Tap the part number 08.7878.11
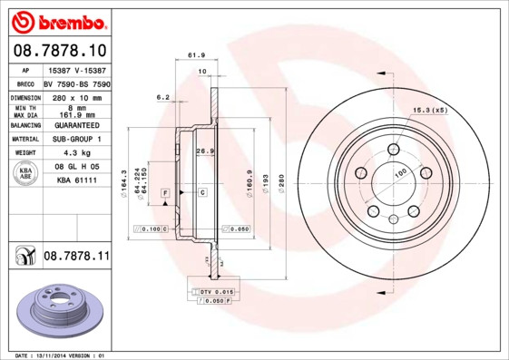76,257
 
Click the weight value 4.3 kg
75,153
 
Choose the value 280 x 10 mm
75,95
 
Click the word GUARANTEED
75,124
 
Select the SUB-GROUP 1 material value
75,139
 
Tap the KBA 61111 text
77,181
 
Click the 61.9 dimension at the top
194,55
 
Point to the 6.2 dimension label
163,96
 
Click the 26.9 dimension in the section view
204,151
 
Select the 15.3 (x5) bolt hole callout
430,110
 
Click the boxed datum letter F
165,193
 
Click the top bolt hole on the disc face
393,149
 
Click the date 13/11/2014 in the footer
53,355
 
